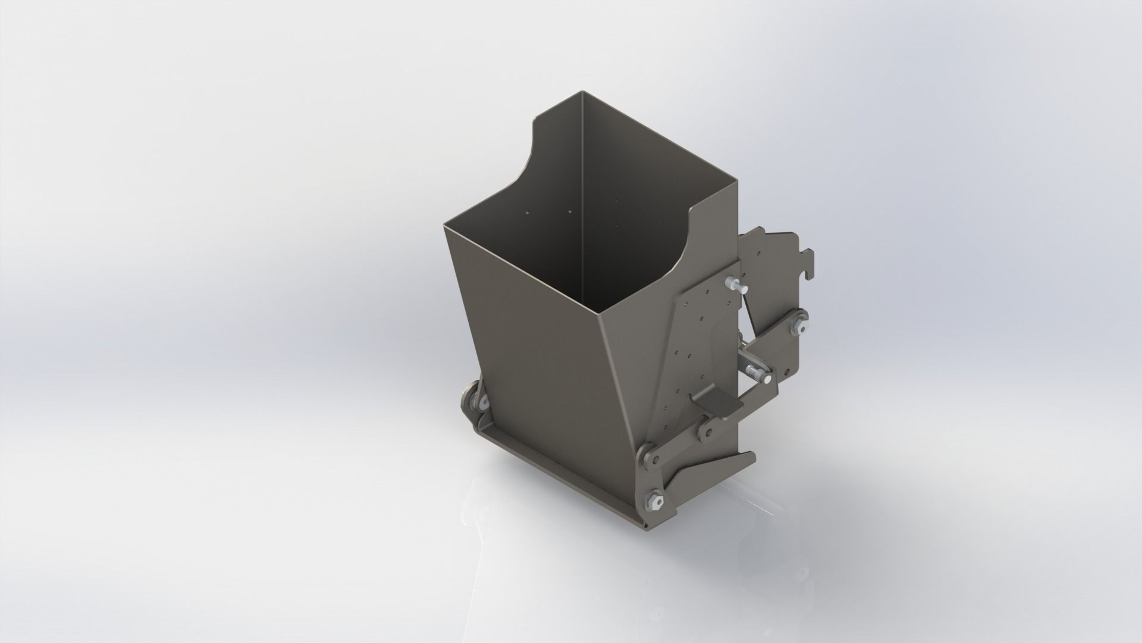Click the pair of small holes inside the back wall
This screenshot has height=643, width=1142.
[132, 211]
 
